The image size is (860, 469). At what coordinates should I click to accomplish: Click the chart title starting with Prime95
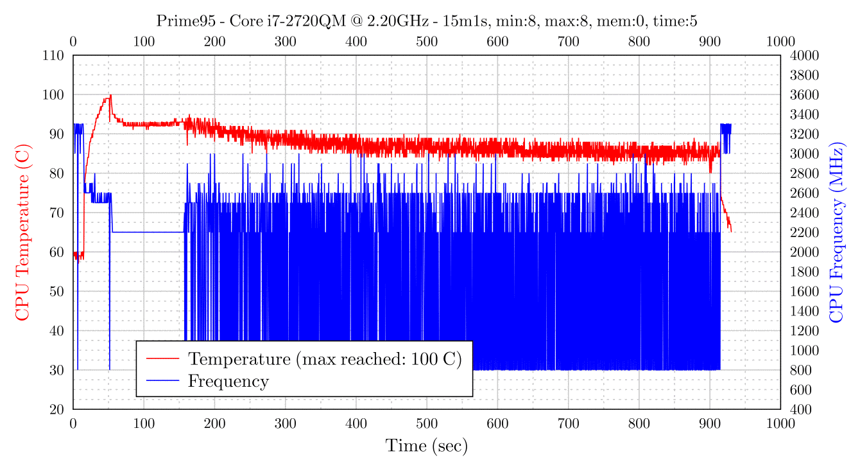click(427, 21)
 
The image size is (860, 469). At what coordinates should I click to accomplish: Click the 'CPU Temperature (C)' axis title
click(22, 233)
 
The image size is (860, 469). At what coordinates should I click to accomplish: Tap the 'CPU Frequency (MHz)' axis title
click(836, 233)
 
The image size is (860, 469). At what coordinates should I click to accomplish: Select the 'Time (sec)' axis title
click(426, 445)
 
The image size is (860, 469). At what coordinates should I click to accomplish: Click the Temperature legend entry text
click(325, 358)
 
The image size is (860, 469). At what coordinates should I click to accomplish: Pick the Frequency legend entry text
click(228, 381)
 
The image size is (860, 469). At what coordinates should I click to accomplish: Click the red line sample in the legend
click(162, 358)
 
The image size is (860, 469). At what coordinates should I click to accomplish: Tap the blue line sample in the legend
click(162, 381)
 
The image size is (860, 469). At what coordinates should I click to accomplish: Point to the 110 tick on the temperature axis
click(55, 55)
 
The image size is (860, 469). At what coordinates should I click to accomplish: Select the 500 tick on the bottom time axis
click(427, 423)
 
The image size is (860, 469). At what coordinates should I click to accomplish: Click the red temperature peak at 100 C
click(110, 96)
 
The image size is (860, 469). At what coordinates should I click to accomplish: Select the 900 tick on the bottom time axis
click(710, 423)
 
